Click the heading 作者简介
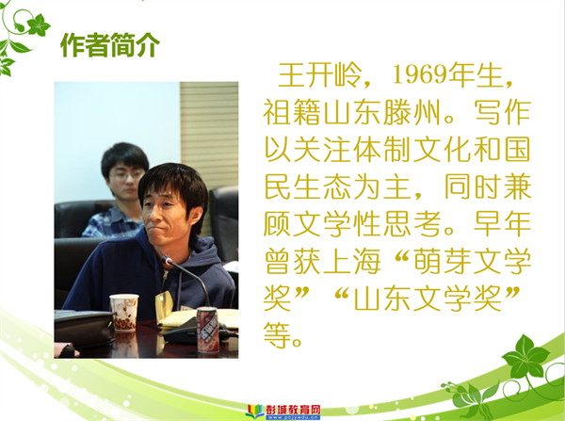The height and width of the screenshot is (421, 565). coord(110,45)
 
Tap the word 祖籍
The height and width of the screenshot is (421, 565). coord(293,112)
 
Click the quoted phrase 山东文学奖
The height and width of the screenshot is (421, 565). coord(428,299)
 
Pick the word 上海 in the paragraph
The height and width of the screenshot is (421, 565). coord(352,261)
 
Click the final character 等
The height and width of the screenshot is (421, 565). coord(277,335)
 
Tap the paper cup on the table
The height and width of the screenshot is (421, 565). coord(124,313)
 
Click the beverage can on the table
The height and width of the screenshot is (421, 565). coord(207,330)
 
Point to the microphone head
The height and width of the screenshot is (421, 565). coord(168,261)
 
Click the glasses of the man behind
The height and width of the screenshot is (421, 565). coord(126,176)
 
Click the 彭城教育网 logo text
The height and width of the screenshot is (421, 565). coord(293,409)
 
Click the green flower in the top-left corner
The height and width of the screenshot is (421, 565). coord(38,25)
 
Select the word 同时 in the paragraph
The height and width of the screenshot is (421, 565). coord(473,187)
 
